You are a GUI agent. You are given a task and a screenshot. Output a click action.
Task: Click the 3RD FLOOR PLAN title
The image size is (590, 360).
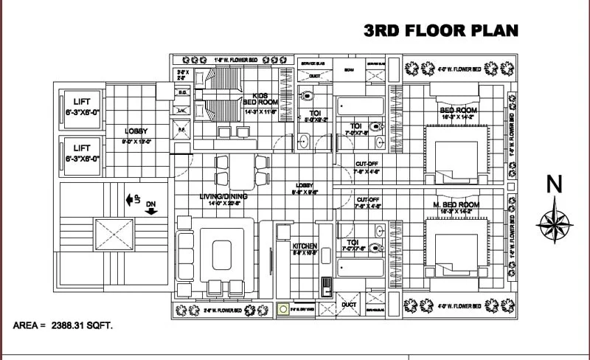441,30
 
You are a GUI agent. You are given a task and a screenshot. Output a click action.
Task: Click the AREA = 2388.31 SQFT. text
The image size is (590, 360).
63,325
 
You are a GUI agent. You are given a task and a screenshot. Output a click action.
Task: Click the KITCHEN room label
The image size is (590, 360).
305,246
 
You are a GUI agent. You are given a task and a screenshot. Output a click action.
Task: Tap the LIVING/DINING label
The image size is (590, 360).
223,197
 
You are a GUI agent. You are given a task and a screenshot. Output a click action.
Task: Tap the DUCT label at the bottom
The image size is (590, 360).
349,304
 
